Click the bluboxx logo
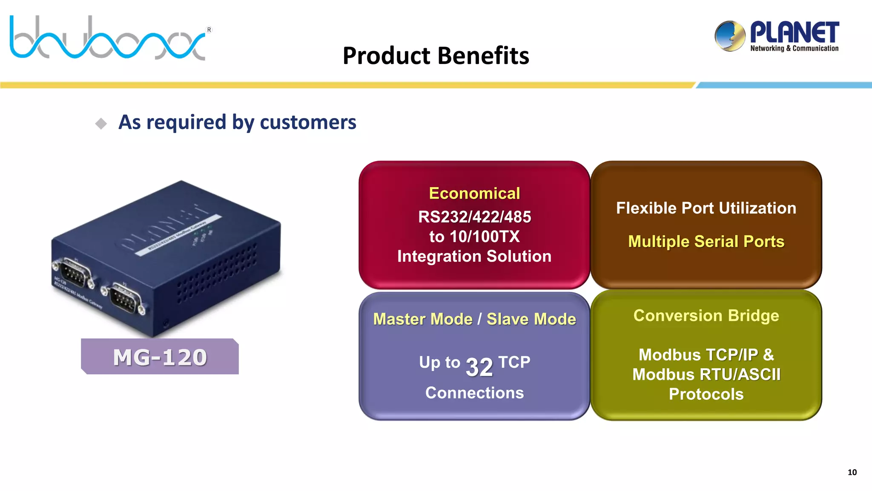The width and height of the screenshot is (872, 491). tap(109, 38)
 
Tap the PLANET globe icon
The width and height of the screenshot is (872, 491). tap(730, 36)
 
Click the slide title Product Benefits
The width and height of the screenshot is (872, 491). tap(436, 56)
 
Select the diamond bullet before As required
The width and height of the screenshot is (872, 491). tap(101, 124)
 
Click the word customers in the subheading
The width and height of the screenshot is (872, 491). tap(307, 122)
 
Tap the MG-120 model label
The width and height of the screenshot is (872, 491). tap(160, 357)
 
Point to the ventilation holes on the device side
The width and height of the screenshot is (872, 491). tap(217, 273)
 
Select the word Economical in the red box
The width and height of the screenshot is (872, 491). tap(474, 194)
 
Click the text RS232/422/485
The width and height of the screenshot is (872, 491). tap(474, 217)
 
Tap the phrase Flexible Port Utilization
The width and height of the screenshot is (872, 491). tap(706, 208)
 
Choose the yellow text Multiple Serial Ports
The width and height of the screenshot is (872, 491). tap(706, 242)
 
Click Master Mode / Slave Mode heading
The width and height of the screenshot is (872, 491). tap(474, 319)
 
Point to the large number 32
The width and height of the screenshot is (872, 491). tap(479, 367)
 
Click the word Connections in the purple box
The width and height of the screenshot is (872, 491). tap(474, 393)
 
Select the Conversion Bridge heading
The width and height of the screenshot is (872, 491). tap(706, 316)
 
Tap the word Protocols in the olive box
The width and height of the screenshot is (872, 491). tap(706, 394)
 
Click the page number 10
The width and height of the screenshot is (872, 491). tap(852, 472)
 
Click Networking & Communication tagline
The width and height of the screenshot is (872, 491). tap(794, 49)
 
